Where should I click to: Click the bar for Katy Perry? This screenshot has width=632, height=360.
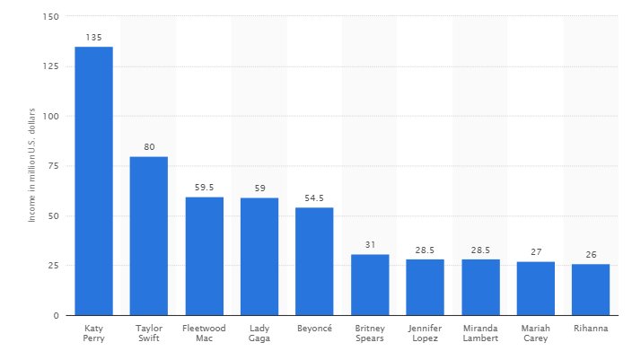93,180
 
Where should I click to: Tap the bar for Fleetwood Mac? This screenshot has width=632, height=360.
204,256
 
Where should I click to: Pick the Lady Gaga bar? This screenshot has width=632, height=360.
259,257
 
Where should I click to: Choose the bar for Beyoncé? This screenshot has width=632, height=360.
314,261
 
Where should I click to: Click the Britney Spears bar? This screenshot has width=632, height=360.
370,285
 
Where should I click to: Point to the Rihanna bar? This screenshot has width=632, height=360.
590,289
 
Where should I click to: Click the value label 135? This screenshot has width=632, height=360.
93,38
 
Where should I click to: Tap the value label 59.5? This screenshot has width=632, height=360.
204,188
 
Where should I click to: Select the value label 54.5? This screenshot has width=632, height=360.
314,198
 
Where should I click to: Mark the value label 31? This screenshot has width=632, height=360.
370,245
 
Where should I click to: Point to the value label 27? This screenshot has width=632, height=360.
535,252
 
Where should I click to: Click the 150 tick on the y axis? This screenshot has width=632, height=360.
50,17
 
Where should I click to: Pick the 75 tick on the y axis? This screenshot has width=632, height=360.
53,166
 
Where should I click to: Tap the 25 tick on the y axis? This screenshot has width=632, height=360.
53,266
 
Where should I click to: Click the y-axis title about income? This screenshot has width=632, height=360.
31,166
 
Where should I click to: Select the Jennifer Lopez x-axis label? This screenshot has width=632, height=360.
425,332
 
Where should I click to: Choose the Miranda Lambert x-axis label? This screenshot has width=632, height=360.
480,332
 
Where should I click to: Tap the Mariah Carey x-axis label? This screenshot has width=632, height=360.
535,332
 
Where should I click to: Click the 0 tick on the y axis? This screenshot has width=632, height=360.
57,316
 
